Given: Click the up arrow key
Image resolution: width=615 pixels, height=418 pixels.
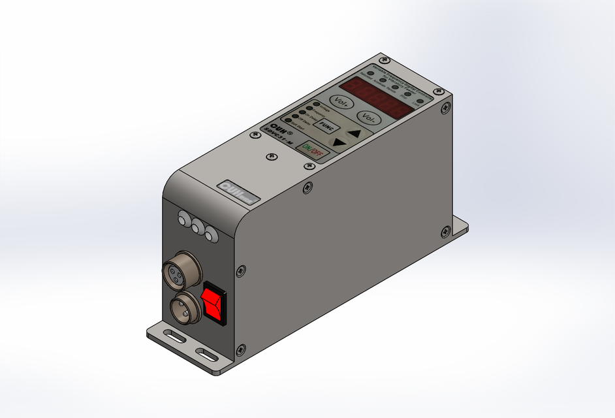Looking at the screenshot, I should coord(353,133).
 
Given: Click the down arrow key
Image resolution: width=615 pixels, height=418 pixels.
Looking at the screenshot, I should coord(337,142).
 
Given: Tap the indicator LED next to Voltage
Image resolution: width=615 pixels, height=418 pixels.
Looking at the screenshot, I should coord(317,104).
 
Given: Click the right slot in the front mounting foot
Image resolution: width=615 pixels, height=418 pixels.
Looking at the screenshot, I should coord(208,355).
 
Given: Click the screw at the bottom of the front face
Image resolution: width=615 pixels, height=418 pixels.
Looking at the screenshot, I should coord(241,349).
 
